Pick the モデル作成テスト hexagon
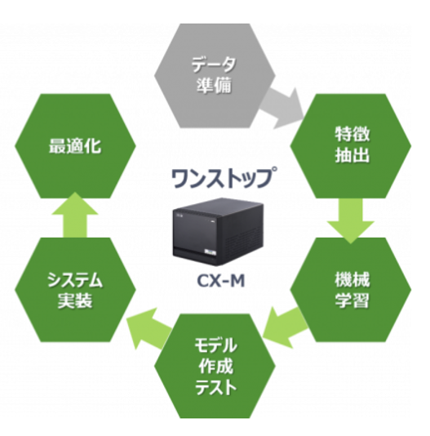216,365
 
